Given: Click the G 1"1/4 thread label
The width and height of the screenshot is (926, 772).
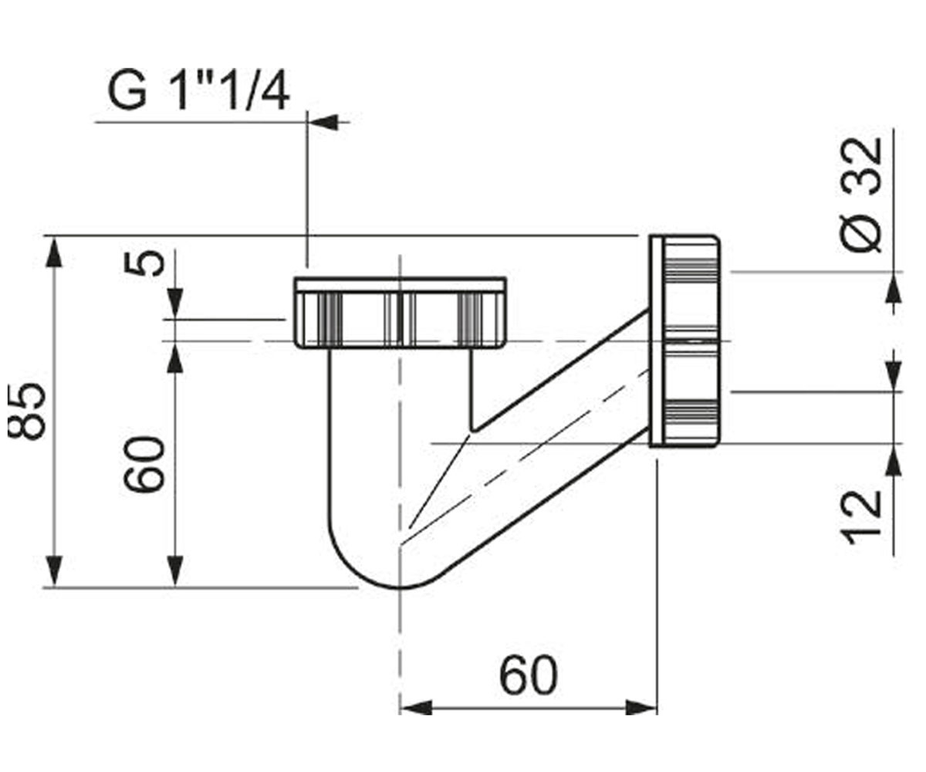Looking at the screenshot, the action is tap(198, 91).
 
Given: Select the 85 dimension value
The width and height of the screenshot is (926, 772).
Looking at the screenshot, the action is tap(26, 412).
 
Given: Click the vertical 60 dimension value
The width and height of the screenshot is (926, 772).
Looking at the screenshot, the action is tap(144, 464).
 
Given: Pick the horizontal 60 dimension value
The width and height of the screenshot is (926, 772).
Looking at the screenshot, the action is tap(528, 675).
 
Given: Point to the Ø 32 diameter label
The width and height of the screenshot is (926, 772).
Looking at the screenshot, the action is tap(861, 195).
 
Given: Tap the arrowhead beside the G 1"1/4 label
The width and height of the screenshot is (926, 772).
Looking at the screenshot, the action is tap(323, 122).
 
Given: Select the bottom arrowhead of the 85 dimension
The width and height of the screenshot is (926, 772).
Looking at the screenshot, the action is tap(54, 571).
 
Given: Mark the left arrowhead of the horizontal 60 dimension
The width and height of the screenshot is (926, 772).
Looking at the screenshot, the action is tap(416, 720).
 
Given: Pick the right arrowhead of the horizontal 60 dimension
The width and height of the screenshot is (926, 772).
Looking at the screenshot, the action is tap(641, 720).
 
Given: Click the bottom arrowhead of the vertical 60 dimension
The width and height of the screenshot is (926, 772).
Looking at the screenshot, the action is tap(176, 571).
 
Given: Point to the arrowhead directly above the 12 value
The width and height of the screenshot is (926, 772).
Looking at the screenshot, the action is tap(893, 460).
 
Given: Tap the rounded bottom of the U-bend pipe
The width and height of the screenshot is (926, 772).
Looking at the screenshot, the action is tap(401, 587).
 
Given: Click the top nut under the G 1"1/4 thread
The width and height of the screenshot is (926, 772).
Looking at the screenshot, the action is tap(400, 313).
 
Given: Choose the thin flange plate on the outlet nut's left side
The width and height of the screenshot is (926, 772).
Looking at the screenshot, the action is tap(656, 340).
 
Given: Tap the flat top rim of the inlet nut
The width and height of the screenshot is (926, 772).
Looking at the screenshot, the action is tap(400, 284).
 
